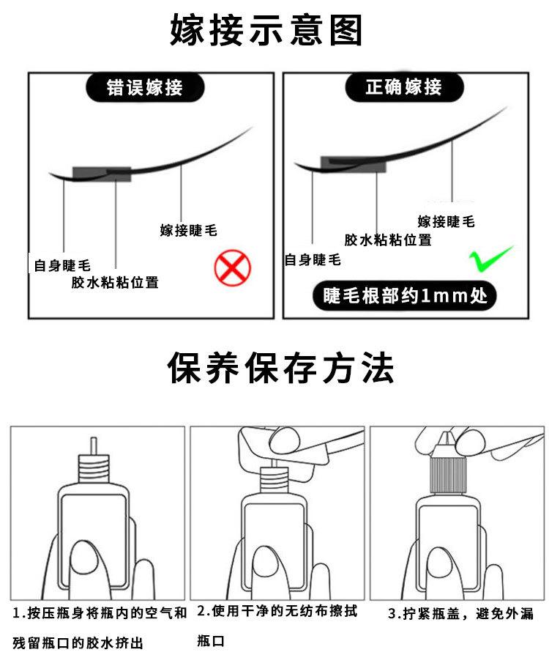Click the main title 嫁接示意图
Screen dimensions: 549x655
pos(266,29)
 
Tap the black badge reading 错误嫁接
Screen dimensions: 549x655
pos(145,88)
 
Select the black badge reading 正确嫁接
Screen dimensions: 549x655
pos(404,87)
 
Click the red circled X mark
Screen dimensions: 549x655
pos(233,267)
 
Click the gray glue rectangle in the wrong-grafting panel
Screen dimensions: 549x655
pos(102,174)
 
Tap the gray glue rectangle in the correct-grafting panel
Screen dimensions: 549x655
pos(354,165)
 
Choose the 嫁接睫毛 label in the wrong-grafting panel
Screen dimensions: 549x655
pos(188,230)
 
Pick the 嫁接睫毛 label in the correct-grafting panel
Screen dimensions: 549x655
pos(446,221)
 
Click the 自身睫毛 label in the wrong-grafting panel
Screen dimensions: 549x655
pos(62,266)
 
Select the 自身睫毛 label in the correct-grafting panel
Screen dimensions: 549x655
pos(313,260)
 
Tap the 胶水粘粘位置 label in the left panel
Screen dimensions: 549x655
pos(115,282)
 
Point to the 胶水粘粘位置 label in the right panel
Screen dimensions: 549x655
pos(388,240)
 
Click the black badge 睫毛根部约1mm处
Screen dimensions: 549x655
pos(405,296)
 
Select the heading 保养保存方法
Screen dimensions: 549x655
pos(280,368)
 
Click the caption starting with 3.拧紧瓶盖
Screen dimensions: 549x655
pos(460,614)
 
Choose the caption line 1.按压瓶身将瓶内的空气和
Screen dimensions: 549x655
pos(100,613)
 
